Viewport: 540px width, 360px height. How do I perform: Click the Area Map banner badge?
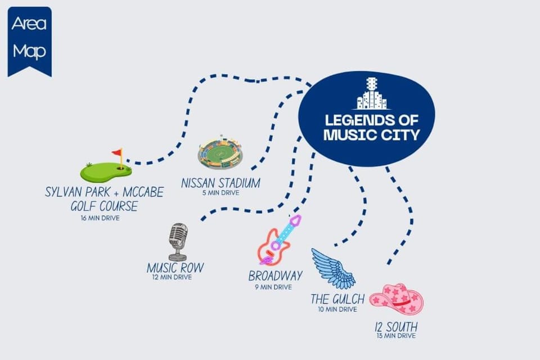click(30, 40)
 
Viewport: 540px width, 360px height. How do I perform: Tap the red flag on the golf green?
click(117, 152)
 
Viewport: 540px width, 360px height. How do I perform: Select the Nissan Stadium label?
click(220, 183)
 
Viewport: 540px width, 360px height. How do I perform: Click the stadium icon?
click(220, 152)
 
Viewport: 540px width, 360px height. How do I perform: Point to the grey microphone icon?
click(178, 242)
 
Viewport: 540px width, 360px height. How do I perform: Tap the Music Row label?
click(175, 268)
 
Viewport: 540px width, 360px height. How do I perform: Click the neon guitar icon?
click(280, 240)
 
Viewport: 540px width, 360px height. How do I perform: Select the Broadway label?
click(276, 276)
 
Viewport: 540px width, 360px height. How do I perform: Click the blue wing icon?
click(332, 268)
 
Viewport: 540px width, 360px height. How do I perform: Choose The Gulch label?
click(337, 299)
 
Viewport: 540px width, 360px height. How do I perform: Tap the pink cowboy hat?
click(397, 299)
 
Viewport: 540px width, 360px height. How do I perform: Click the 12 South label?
click(396, 327)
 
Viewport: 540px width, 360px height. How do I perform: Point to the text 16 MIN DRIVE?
click(100, 218)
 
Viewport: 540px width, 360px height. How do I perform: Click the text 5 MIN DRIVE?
click(220, 193)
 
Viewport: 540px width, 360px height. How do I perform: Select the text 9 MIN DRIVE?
click(273, 287)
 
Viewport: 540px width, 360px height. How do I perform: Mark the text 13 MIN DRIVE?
click(396, 336)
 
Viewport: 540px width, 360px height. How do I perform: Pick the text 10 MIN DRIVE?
click(337, 309)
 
